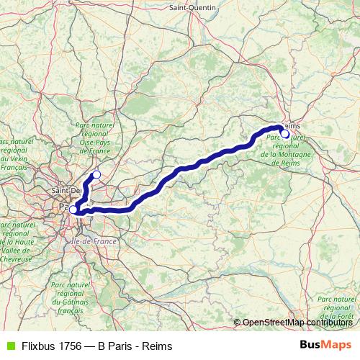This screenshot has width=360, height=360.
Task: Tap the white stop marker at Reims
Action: pyautogui.click(x=285, y=133)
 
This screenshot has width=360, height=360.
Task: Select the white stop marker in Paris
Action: pyautogui.click(x=73, y=210)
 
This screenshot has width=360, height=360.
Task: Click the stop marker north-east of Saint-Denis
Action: pyautogui.click(x=96, y=174)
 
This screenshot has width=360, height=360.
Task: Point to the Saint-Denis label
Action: pyautogui.click(x=65, y=190)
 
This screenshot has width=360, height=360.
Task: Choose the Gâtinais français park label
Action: pyautogui.click(x=70, y=297)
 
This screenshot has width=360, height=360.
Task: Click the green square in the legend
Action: pyautogui.click(x=9, y=346)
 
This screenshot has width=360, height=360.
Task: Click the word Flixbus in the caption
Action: pyautogui.click(x=40, y=346)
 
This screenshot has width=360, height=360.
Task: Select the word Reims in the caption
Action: pyautogui.click(x=158, y=346)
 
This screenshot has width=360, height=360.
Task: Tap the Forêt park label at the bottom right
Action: pyautogui.click(x=339, y=307)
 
